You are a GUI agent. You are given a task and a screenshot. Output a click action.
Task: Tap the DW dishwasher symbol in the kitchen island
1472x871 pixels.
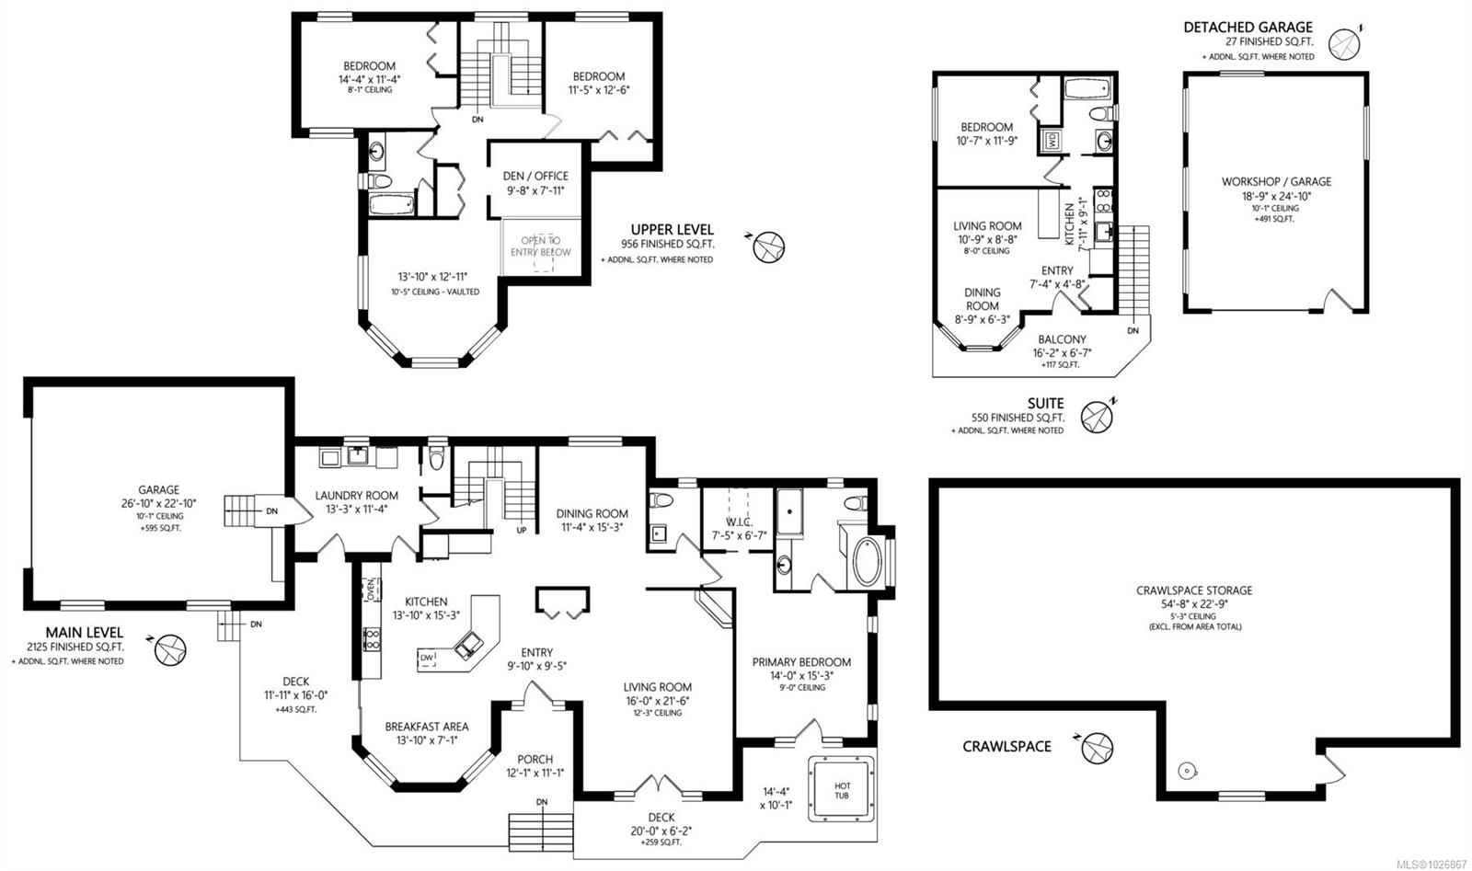coord(426,659)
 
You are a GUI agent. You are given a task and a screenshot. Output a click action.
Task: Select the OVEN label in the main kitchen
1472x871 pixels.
coord(371,588)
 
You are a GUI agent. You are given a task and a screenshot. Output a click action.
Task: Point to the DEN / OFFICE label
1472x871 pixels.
coord(535,176)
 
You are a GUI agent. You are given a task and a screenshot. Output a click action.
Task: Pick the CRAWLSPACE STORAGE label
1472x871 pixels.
coord(1194,590)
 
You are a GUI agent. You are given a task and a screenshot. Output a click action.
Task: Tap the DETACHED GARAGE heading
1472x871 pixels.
coord(1248,28)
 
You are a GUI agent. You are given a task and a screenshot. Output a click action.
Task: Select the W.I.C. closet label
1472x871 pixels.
coord(734,521)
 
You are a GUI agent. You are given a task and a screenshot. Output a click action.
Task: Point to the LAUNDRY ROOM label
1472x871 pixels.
coord(356,495)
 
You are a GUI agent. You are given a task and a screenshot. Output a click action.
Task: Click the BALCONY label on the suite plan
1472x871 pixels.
coord(1062,339)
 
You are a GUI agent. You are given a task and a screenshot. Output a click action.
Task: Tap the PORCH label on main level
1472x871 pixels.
coord(535,759)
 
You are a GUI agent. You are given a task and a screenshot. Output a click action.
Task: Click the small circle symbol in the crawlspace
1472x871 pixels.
coord(1187,770)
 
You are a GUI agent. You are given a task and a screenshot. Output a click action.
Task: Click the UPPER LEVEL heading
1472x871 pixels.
coord(672,230)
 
